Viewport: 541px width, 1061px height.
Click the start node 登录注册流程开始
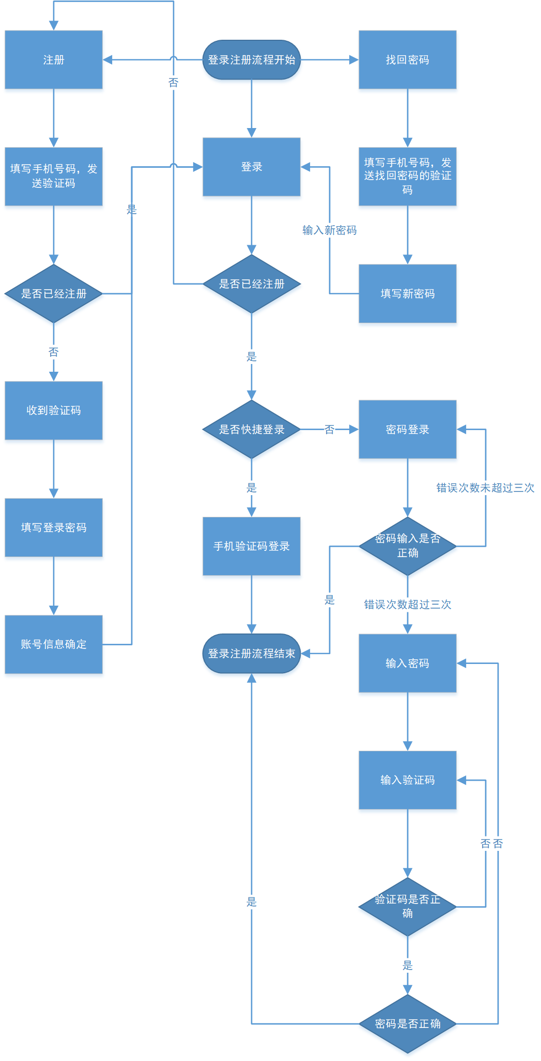click(252, 60)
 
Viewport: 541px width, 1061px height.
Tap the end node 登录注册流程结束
click(252, 654)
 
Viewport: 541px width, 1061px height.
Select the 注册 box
click(54, 60)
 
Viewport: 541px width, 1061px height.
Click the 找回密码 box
click(407, 60)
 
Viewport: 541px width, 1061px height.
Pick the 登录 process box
click(252, 167)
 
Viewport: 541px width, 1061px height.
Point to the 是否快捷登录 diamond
click(252, 430)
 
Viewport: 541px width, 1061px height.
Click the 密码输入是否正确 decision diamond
click(407, 546)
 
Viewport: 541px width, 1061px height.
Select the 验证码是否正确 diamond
click(407, 907)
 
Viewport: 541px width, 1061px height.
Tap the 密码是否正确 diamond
click(407, 1023)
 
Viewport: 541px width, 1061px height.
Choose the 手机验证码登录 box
click(252, 546)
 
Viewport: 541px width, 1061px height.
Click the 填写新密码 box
click(407, 294)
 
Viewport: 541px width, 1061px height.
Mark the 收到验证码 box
click(54, 410)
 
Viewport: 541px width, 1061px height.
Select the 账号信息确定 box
click(54, 644)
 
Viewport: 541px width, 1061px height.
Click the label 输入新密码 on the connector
click(330, 230)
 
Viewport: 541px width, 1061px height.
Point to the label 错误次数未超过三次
click(485, 488)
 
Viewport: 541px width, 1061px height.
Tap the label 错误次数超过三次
click(407, 605)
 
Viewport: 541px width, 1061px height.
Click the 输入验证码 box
click(407, 780)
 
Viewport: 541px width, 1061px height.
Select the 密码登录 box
click(407, 430)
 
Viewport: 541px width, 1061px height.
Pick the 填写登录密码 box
click(54, 528)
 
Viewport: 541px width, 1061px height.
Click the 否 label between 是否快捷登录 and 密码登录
click(330, 430)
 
